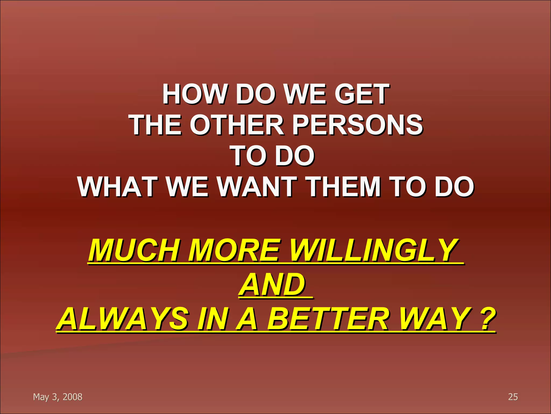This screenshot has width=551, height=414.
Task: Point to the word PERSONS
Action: [358, 125]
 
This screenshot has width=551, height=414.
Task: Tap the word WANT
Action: [257, 187]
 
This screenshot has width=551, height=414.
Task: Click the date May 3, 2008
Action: [58, 397]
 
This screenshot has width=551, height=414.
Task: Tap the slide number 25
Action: [513, 397]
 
